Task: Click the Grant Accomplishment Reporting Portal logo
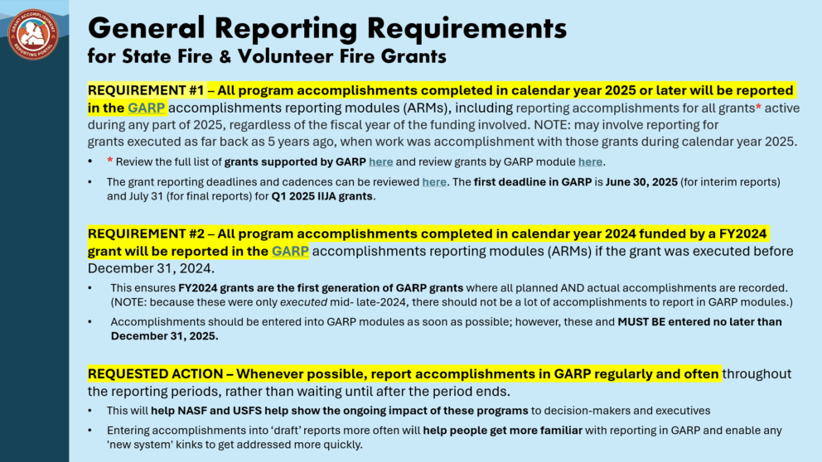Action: click(33, 34)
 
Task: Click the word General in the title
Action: click(147, 28)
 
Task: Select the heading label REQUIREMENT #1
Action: click(145, 90)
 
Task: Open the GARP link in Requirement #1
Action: click(147, 108)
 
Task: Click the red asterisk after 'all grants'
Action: click(758, 107)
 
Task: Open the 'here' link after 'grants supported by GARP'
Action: click(380, 161)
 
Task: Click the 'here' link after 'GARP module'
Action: click(590, 161)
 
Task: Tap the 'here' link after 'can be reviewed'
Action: click(434, 182)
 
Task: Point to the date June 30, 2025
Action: click(641, 182)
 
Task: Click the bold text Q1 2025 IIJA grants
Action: click(322, 196)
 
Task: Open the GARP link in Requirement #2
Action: click(290, 252)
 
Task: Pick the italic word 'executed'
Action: click(303, 302)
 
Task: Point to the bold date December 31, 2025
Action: click(164, 336)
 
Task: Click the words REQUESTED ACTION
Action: click(155, 374)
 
